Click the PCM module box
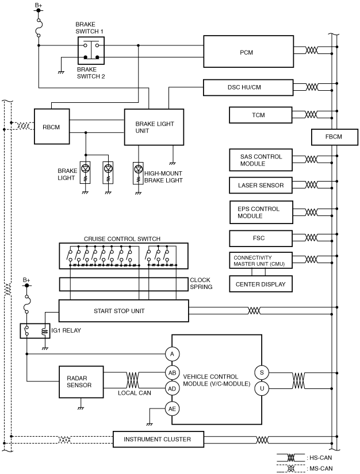[248, 51]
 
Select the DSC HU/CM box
[248, 87]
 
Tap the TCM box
[261, 115]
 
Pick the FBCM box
[334, 137]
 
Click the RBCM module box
[52, 126]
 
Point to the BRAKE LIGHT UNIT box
[154, 127]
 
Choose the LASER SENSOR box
[261, 186]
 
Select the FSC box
[261, 238]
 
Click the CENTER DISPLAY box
[261, 284]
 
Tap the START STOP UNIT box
[124, 311]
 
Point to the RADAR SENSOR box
[81, 382]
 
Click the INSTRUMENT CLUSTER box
[158, 439]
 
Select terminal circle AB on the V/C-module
[172, 373]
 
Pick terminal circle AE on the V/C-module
[172, 409]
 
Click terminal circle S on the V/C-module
[262, 373]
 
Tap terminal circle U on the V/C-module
[262, 388]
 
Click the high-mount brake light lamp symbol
[138, 173]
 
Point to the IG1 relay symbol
[35, 331]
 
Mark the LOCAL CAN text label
[135, 393]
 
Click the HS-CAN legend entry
[305, 458]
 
